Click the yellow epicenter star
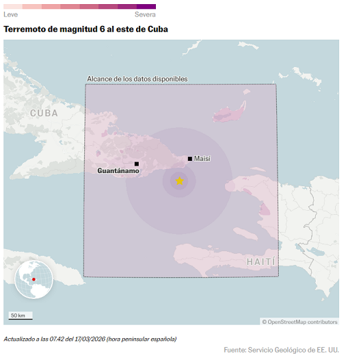[179, 181]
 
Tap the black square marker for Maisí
[189, 159]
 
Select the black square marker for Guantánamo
[137, 164]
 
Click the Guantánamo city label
[118, 171]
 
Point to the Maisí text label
[202, 159]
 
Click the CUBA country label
[44, 113]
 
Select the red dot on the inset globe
[33, 279]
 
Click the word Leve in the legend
[11, 14]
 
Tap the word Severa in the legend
[145, 14]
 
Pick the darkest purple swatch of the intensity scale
[146, 6]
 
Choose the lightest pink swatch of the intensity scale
[13, 6]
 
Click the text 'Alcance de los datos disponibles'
[137, 79]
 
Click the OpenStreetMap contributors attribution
[299, 322]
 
